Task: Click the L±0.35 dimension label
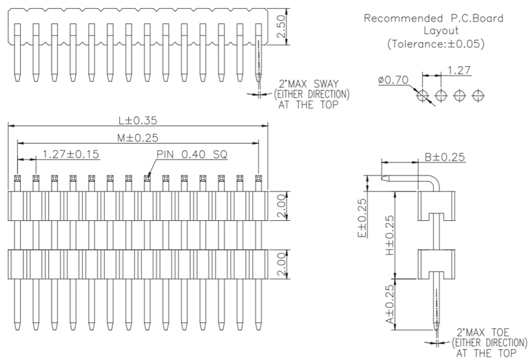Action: pyautogui.click(x=138, y=120)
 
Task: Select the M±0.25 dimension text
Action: pyautogui.click(x=138, y=138)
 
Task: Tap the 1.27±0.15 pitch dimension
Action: pyautogui.click(x=71, y=153)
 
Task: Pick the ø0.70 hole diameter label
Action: pyautogui.click(x=394, y=81)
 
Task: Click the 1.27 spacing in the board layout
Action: pyautogui.click(x=459, y=70)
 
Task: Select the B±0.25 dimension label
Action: pyautogui.click(x=444, y=157)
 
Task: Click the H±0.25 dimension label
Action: pyautogui.click(x=390, y=234)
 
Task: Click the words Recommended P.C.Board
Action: pyautogui.click(x=433, y=18)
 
